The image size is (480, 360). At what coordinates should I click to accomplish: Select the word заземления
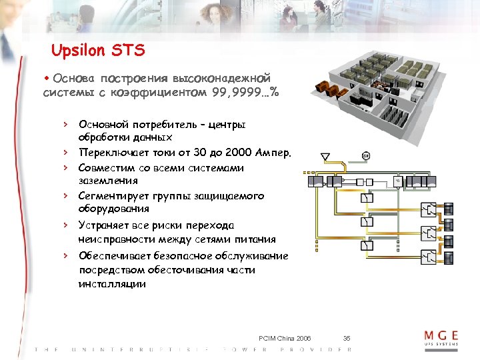(108, 180)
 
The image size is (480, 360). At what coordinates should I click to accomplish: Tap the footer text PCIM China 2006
(285, 338)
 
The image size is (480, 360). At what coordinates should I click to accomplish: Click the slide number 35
(347, 338)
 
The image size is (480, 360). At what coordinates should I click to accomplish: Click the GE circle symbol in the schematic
(366, 156)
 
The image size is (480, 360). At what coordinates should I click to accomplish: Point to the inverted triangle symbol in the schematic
(325, 157)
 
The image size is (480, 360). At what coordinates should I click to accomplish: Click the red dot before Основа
(47, 77)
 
